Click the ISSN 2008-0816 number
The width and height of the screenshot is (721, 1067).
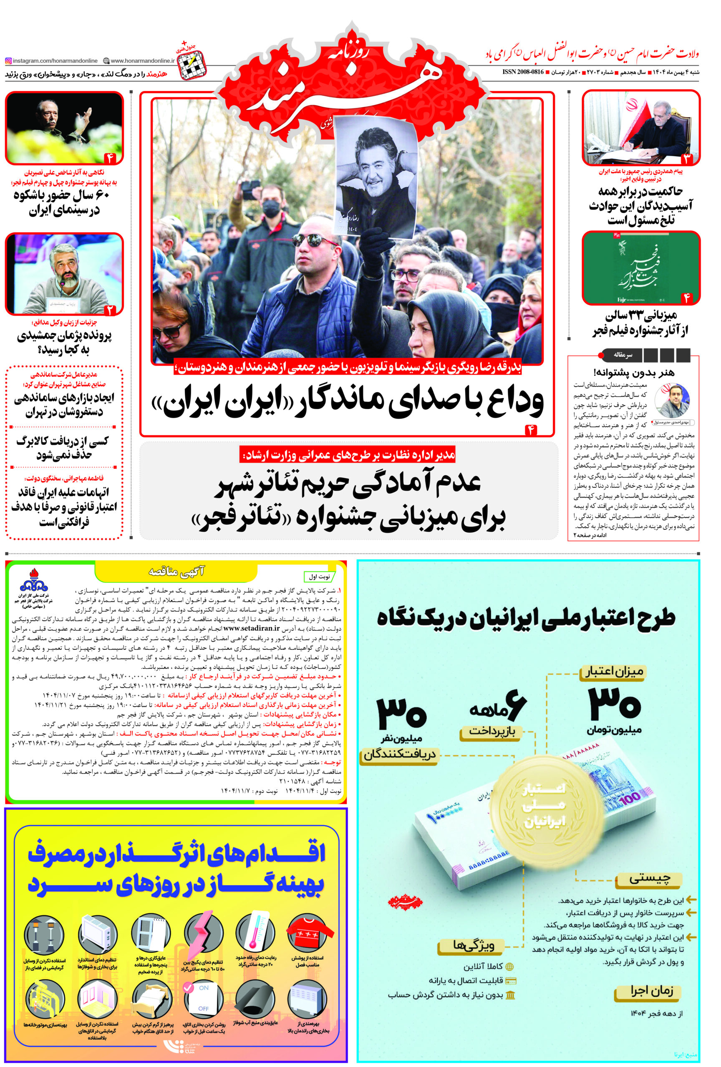[522, 72]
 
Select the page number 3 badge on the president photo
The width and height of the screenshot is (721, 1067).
[686, 158]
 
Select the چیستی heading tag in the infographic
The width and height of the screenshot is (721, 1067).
[649, 878]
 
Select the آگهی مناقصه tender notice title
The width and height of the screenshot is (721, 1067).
[176, 571]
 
